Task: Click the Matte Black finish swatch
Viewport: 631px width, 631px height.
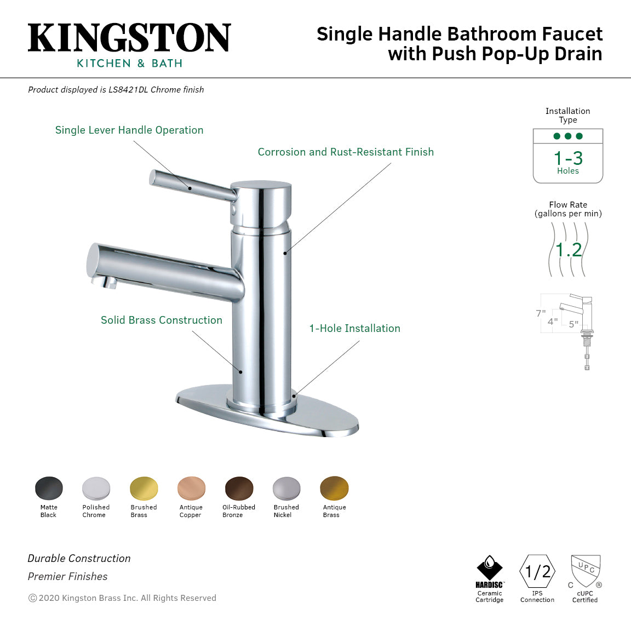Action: [49, 488]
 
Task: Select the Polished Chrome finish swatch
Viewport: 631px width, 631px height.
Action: [96, 488]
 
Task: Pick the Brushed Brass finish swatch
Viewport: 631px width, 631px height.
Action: [144, 488]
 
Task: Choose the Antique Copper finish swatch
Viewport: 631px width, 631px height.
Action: [191, 488]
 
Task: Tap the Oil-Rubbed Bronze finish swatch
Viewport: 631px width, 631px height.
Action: [239, 488]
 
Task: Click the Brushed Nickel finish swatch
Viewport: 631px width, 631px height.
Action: [286, 488]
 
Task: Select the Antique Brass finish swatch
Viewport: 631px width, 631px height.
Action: [334, 488]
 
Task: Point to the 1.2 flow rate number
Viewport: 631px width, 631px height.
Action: [569, 250]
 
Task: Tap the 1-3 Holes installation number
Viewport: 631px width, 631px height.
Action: [568, 158]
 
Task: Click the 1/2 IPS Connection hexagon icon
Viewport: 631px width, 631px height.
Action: [537, 571]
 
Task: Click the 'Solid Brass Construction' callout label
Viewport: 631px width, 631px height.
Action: [162, 320]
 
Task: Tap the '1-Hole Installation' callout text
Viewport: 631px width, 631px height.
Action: [354, 328]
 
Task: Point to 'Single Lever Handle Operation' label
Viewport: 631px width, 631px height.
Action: [129, 130]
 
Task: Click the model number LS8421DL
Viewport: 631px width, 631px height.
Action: [128, 89]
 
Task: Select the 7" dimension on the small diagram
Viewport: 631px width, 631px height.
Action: [541, 313]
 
